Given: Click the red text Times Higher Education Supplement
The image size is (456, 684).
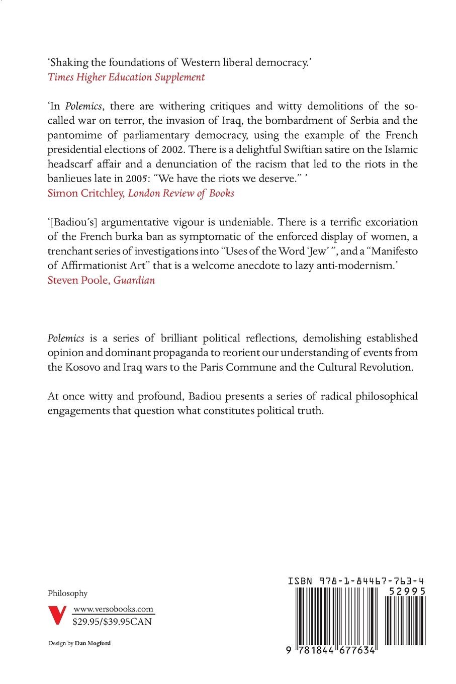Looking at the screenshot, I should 126,77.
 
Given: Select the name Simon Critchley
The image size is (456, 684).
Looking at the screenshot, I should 85,193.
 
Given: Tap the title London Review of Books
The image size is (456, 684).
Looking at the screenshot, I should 181,193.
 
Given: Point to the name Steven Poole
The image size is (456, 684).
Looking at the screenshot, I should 78,280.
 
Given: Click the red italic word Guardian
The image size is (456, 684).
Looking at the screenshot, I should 134,280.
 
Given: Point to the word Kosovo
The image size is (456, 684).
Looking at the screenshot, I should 82,367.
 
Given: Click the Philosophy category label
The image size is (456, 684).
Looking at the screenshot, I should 67,593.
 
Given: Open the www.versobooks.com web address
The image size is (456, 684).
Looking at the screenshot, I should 113,609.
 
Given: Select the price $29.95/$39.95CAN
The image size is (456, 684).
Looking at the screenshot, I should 112,622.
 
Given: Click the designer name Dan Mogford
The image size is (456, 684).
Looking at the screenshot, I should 93,643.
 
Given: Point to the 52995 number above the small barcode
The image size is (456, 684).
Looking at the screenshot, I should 407,591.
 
